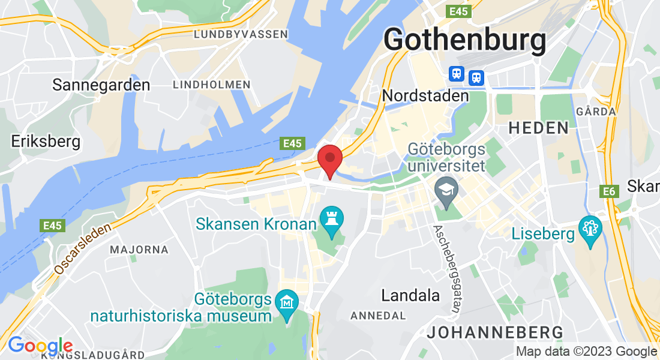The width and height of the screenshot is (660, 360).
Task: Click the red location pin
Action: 329,159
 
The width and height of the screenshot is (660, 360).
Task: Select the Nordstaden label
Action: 425,95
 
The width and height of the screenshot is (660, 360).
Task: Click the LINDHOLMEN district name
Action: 211,85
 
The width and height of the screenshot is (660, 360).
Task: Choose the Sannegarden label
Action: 101,85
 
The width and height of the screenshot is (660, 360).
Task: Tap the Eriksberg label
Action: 46,142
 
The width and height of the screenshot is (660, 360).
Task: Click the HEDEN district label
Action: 539,127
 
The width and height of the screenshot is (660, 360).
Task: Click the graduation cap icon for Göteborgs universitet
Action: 446,190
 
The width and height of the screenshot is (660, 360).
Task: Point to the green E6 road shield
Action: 609,191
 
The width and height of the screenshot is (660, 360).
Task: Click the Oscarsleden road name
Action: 83,249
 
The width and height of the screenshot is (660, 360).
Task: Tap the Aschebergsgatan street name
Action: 446,268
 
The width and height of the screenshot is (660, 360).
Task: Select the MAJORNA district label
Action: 139,249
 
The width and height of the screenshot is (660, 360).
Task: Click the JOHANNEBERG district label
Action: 495,332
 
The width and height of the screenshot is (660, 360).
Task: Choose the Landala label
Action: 411,295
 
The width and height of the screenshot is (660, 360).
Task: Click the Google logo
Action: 40,346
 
